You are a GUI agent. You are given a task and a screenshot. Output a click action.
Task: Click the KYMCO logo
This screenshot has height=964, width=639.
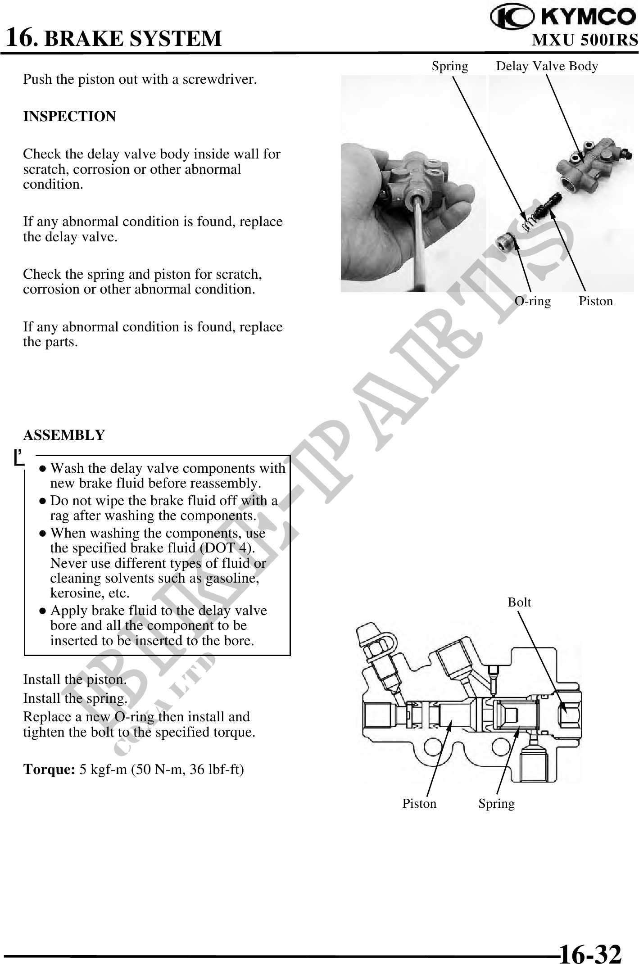point(563,18)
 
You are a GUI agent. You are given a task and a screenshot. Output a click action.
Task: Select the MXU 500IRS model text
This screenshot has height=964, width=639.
point(585,40)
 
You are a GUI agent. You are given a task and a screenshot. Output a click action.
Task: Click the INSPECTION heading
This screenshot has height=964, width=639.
point(69,117)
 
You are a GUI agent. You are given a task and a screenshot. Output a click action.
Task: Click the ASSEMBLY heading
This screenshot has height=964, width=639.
point(64,435)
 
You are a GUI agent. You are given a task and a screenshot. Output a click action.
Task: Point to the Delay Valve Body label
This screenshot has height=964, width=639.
point(547,66)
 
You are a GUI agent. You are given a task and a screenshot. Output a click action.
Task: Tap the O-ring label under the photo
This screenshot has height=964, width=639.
point(532,301)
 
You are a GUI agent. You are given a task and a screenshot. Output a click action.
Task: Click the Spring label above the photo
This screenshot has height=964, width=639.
point(449,66)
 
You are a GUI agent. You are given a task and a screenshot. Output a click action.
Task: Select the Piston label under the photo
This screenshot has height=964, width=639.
point(595,301)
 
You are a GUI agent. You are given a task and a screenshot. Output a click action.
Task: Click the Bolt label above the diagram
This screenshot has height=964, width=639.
point(519,602)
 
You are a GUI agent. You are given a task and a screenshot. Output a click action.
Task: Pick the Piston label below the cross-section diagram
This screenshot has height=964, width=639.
point(419,804)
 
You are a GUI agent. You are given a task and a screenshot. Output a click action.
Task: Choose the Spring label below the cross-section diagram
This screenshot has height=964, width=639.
point(496,804)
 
